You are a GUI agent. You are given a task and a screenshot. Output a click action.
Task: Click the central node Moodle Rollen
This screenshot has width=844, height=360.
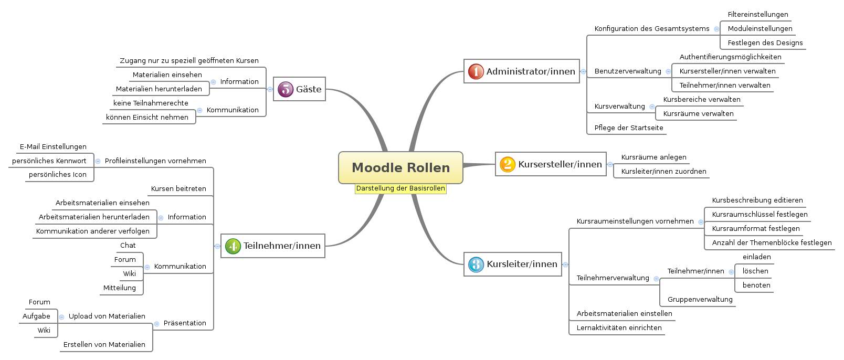click(x=400, y=168)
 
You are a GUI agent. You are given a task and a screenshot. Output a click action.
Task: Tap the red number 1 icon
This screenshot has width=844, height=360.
click(x=476, y=71)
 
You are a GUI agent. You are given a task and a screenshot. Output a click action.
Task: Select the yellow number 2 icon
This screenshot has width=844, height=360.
click(x=508, y=164)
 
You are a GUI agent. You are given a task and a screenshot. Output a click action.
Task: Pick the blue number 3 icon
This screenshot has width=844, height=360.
click(x=476, y=264)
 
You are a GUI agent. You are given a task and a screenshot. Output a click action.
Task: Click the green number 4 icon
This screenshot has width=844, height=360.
click(x=233, y=246)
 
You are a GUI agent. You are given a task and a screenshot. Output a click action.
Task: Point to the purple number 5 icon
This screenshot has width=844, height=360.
click(x=285, y=89)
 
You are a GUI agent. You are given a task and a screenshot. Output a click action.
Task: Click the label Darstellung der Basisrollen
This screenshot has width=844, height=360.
click(x=400, y=188)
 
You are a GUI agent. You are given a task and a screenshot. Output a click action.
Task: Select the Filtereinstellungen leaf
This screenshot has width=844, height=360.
click(x=757, y=15)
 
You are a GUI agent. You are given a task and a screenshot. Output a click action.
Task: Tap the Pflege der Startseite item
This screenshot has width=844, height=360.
click(x=628, y=128)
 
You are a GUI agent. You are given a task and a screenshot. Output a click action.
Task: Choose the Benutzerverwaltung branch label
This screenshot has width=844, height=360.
click(x=628, y=71)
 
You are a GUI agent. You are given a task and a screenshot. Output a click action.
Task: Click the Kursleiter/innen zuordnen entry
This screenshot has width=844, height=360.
click(x=663, y=172)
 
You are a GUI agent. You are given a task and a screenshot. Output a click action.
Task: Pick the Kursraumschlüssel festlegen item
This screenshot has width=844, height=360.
click(x=759, y=214)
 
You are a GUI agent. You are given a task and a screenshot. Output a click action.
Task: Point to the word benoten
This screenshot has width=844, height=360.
click(x=756, y=285)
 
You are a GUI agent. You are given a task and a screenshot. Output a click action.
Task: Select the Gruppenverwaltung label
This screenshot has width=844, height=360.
click(x=700, y=300)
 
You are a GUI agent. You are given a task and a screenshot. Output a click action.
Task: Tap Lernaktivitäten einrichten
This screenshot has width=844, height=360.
click(x=619, y=328)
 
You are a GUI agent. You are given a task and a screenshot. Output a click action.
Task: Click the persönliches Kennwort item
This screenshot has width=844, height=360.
click(x=49, y=161)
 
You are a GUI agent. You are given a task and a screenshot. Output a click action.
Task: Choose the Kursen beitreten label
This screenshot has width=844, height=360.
click(x=178, y=189)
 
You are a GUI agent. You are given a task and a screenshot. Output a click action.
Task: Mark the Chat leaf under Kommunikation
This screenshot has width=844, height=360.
click(x=128, y=246)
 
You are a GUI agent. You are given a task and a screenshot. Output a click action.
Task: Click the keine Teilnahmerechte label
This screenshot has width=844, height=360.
click(x=151, y=103)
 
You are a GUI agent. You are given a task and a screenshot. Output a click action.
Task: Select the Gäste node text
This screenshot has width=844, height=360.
click(x=309, y=89)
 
